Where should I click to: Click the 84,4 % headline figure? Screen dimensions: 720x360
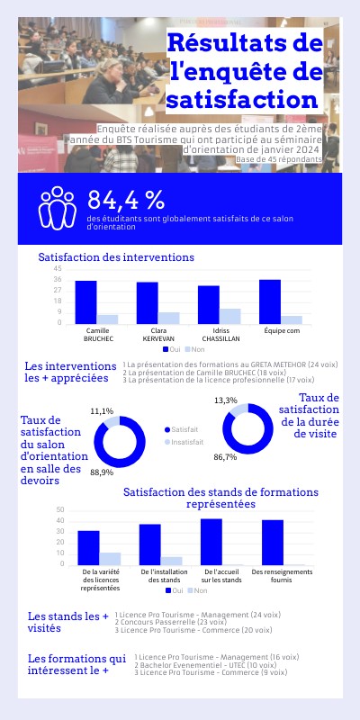click(x=126, y=200)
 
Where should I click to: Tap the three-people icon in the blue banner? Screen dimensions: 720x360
click(x=56, y=207)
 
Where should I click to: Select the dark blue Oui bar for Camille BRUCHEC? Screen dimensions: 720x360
click(x=85, y=301)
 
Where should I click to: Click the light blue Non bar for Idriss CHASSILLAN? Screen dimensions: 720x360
click(x=230, y=316)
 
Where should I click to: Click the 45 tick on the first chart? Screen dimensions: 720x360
click(x=58, y=269)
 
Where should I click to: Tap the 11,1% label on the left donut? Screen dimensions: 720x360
click(x=102, y=410)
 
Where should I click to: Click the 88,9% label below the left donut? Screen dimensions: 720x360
click(x=102, y=472)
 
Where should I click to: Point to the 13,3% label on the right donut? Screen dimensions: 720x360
click(x=226, y=400)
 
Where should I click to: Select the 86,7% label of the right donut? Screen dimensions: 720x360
click(x=225, y=457)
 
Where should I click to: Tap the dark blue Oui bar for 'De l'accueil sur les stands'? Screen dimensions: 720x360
click(x=211, y=542)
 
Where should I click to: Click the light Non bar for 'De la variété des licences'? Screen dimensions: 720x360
click(x=111, y=559)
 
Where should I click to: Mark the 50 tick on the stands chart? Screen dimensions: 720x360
click(x=60, y=510)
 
